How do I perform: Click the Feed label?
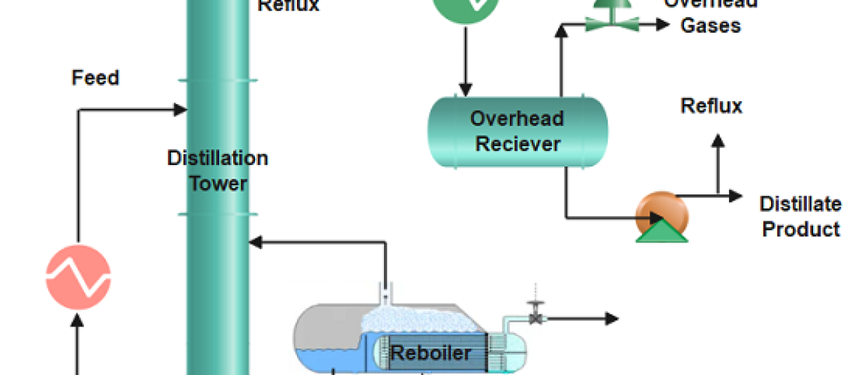[95, 77]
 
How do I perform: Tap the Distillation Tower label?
[217, 170]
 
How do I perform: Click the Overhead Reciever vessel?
[517, 130]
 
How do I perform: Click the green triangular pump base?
[661, 229]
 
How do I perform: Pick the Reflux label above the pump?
[711, 106]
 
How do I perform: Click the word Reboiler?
[431, 352]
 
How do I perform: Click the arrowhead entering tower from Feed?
[180, 110]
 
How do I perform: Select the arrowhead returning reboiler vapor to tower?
[255, 242]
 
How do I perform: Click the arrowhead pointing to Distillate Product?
[734, 196]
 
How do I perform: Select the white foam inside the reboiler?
[405, 318]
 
